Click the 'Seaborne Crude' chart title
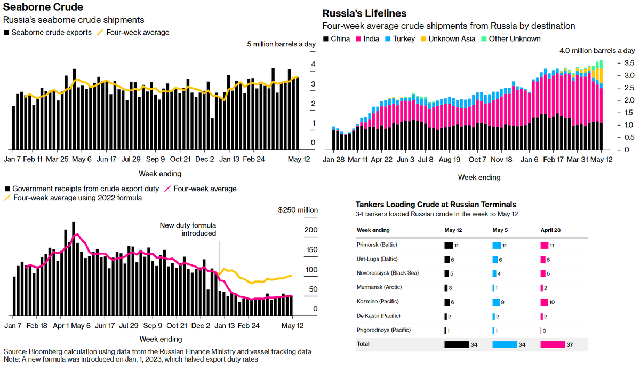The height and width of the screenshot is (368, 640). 43,7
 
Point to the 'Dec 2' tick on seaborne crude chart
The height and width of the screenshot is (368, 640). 205,159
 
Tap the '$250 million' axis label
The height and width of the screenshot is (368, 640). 298,210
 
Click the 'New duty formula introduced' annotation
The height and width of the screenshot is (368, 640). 188,230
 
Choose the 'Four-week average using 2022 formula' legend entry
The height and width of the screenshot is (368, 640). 74,198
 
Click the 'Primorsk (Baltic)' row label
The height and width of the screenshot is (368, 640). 377,245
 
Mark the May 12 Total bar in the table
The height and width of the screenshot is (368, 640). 457,344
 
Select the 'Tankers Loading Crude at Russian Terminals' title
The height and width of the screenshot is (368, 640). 436,205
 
